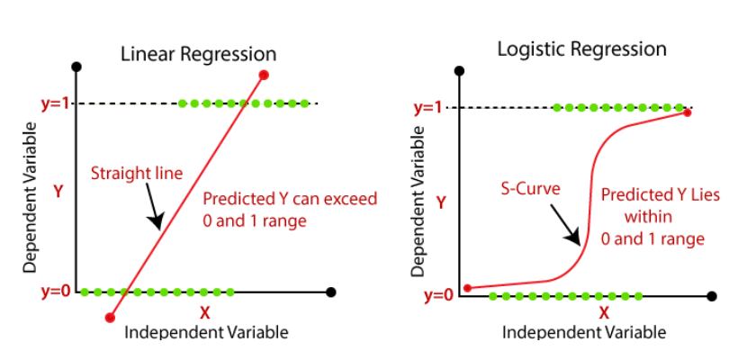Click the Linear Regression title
(186, 54)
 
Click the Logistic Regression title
(582, 49)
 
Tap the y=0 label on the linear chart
(55, 291)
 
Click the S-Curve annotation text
(530, 189)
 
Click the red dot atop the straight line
(264, 75)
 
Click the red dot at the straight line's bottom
(110, 317)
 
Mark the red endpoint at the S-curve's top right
(687, 112)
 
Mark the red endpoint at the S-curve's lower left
(467, 288)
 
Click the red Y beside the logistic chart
(441, 202)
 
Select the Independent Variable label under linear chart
(206, 332)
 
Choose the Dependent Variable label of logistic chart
(417, 200)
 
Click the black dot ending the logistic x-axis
(713, 295)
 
